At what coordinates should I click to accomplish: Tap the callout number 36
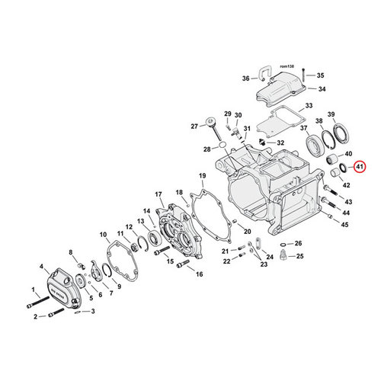pyautogui.click(x=245, y=78)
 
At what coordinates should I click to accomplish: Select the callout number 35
pyautogui.click(x=320, y=75)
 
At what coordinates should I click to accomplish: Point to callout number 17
pyautogui.click(x=158, y=194)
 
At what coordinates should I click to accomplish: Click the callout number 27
pyautogui.click(x=194, y=126)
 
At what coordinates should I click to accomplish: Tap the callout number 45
pyautogui.click(x=344, y=225)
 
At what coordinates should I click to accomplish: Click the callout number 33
pyautogui.click(x=309, y=105)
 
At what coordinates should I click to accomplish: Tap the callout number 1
pyautogui.click(x=33, y=290)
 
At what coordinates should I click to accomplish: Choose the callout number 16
pyautogui.click(x=200, y=274)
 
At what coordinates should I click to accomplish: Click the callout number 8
pyautogui.click(x=72, y=252)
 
